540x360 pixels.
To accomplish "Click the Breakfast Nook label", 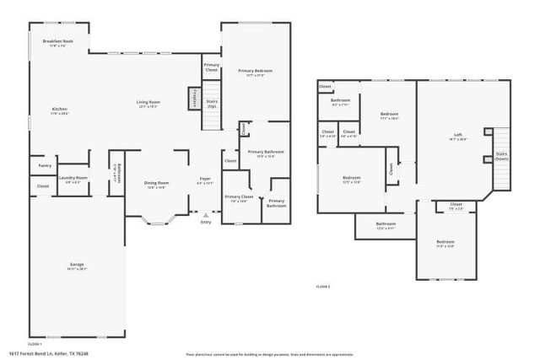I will click(x=58, y=42).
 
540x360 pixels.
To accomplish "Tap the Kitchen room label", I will click(x=59, y=110).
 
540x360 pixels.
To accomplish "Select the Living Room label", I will click(x=148, y=104).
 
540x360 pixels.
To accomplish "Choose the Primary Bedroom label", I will click(x=255, y=72).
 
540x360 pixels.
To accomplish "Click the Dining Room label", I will click(x=157, y=184).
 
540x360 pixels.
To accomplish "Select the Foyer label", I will click(x=205, y=180).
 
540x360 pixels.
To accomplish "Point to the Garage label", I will click(x=77, y=266).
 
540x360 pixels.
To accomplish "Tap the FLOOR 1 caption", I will click(x=35, y=344).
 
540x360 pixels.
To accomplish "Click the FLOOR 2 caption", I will click(x=323, y=287).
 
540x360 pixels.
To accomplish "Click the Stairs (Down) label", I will click(x=501, y=156).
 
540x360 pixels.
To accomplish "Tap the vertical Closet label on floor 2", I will click(x=391, y=168).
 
